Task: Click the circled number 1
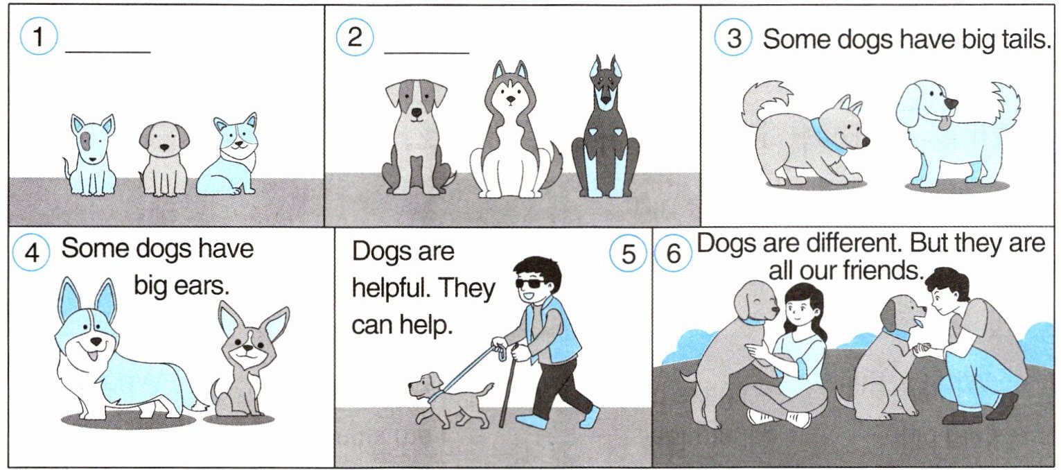pyautogui.click(x=38, y=37)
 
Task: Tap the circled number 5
pyautogui.click(x=628, y=254)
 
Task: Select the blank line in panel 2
pyautogui.click(x=426, y=53)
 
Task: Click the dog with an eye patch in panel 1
pyautogui.click(x=91, y=155)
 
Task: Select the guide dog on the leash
pyautogui.click(x=450, y=398)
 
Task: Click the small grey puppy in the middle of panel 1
pyautogui.click(x=164, y=159)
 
